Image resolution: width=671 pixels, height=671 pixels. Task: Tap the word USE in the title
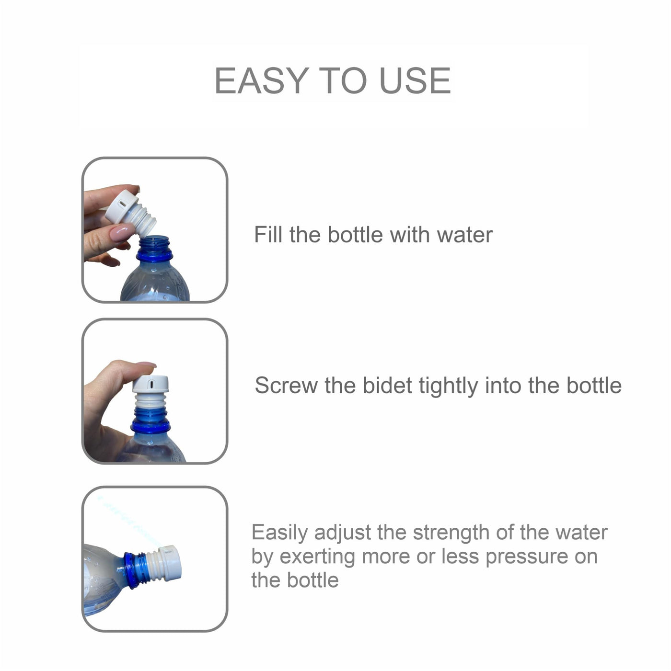[x=415, y=80]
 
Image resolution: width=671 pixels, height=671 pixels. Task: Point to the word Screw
[x=286, y=386]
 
